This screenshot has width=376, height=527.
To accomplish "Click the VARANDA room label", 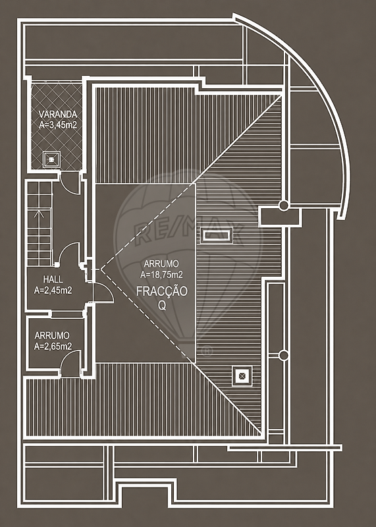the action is point(58,114).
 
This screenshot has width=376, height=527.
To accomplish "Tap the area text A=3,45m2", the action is point(58,125).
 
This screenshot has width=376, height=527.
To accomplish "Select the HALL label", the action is point(53,279).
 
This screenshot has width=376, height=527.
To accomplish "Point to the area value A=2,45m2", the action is point(53,290).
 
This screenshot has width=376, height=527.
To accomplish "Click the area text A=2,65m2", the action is point(53,347).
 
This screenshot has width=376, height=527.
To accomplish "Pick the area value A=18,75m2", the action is point(161,275).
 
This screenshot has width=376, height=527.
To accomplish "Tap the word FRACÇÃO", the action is point(161,291).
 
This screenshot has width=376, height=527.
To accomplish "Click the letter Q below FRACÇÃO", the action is point(162,305).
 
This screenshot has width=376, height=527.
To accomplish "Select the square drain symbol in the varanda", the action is point(51,159).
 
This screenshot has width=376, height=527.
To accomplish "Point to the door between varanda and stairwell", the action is point(70,183).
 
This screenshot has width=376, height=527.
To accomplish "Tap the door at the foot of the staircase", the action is point(70,254).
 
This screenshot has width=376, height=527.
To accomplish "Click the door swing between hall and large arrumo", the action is point(103,292).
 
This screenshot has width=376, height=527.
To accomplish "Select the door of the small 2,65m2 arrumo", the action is point(70,363).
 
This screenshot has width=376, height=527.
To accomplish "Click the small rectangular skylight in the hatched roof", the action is point(217,235).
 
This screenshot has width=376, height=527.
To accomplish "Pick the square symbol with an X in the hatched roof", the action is point(241,376).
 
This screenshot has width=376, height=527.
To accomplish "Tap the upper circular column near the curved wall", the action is point(284,206).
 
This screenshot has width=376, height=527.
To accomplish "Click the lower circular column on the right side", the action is point(284,355).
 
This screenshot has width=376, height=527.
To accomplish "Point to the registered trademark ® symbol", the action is point(207,351).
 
